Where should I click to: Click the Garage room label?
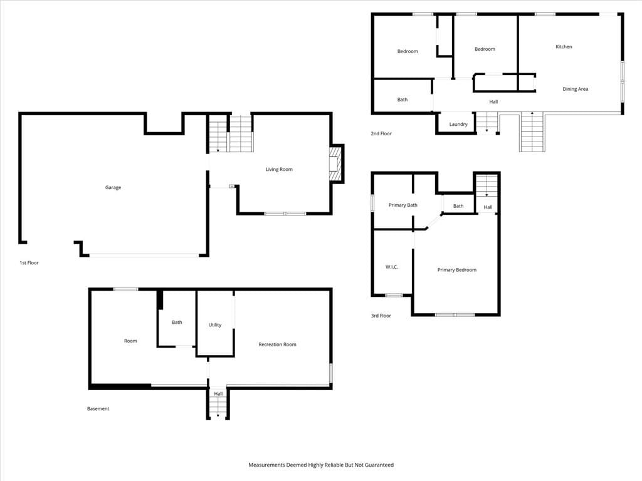point(113,187)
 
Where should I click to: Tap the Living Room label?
point(279,169)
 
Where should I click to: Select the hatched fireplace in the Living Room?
point(334,164)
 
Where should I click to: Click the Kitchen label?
point(564,46)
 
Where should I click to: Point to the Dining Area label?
point(576,89)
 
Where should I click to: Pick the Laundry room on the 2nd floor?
point(458,125)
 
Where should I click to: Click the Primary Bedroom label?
point(457,270)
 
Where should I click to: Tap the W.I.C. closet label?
point(392,267)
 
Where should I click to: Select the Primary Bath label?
point(403,205)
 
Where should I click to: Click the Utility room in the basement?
point(215,325)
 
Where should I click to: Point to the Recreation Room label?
point(277,344)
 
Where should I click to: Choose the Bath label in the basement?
point(177,323)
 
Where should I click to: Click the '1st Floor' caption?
point(29,262)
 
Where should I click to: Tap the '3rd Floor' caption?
point(381,316)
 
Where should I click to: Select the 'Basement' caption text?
point(98,408)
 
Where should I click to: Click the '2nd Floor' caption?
point(381,133)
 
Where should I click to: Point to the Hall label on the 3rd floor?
point(488,207)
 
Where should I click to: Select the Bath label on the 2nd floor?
point(403,100)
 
